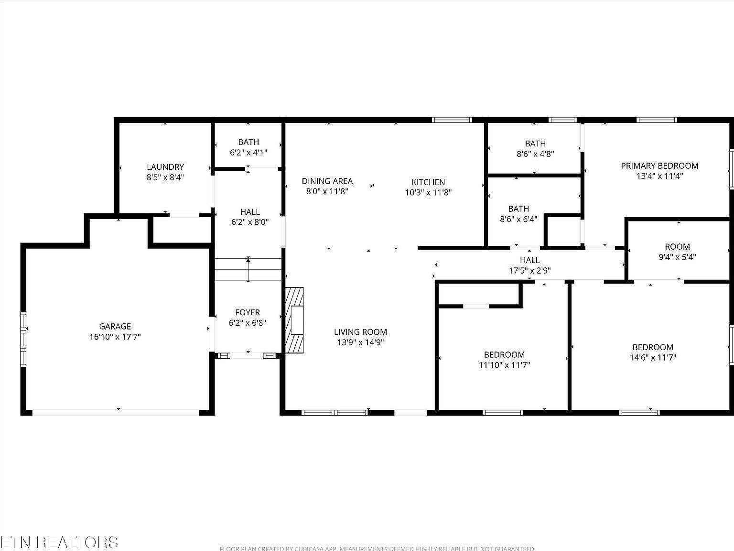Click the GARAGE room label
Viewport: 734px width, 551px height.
point(115,326)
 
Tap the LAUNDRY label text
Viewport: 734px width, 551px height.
point(165,167)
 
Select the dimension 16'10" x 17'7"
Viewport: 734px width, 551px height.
point(115,337)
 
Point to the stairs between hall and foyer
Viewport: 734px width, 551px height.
point(248,269)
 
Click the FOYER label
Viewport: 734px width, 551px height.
point(248,312)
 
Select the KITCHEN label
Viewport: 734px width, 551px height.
point(428,182)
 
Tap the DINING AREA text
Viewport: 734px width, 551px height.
point(327,181)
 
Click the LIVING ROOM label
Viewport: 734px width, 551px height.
point(360,332)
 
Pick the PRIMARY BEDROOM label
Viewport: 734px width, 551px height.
point(659,166)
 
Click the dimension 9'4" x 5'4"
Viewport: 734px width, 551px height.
point(677,257)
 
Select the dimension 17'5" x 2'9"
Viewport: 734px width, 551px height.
point(529,270)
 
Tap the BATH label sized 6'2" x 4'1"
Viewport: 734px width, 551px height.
point(248,142)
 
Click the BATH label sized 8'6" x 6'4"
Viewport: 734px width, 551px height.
point(518,209)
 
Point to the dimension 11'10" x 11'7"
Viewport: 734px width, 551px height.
point(504,365)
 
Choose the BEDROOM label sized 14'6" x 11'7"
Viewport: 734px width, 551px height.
point(653,347)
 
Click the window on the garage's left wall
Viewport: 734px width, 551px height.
point(23,339)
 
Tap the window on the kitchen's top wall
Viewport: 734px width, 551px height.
point(452,120)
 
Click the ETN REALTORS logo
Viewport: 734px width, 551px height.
point(59,542)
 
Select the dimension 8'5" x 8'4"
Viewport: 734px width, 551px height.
point(165,177)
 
